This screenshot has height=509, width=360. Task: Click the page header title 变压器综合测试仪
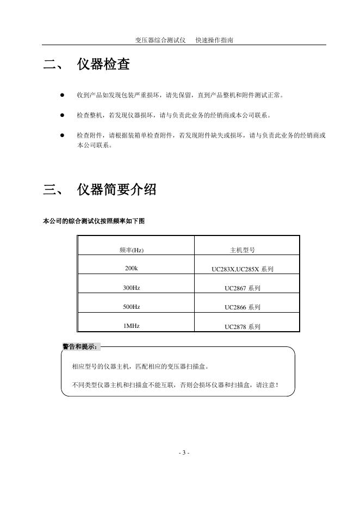(160, 40)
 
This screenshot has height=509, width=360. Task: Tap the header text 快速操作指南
(215, 40)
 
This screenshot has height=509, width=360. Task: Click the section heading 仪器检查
(103, 65)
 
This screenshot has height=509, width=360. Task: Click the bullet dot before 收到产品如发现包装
(63, 95)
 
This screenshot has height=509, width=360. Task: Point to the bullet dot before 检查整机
(63, 115)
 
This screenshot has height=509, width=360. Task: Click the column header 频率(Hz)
(132, 250)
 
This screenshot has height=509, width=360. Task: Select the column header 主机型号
(243, 250)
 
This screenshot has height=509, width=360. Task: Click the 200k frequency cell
(132, 269)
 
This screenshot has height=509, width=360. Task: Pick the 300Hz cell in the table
(132, 288)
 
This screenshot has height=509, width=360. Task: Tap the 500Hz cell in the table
(132, 307)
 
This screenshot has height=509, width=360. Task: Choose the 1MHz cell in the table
(132, 326)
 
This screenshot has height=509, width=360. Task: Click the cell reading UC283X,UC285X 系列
(243, 269)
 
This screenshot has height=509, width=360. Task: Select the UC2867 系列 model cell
(243, 288)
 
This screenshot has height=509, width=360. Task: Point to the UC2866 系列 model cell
(243, 307)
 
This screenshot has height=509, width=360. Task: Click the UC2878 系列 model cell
(243, 327)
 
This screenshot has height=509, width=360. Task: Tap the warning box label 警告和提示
(80, 346)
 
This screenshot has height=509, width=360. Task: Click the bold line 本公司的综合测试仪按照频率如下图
(94, 221)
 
